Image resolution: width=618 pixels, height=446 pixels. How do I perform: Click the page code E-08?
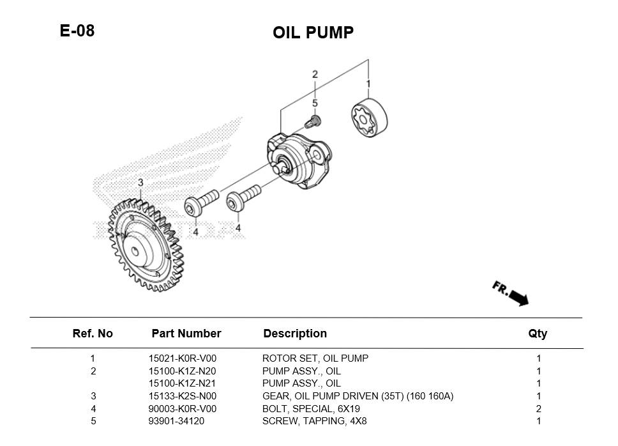[77, 31]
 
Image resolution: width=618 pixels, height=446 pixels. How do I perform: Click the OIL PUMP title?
[313, 33]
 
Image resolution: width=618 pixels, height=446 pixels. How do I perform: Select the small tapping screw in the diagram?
[314, 120]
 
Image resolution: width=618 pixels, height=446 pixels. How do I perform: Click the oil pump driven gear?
[144, 247]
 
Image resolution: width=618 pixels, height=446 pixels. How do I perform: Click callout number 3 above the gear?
[140, 183]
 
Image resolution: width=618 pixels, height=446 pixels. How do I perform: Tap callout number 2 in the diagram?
[315, 75]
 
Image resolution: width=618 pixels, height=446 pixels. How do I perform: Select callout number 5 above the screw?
[315, 102]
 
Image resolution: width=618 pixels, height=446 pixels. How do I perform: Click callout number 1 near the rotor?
[368, 84]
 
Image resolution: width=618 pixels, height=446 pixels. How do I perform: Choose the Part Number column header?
[186, 334]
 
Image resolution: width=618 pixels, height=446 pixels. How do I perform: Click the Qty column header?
[538, 334]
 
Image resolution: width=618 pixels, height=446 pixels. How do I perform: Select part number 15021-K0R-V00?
[182, 358]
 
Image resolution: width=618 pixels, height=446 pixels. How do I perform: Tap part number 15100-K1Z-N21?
[182, 383]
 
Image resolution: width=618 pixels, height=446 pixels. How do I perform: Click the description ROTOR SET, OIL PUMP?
[315, 358]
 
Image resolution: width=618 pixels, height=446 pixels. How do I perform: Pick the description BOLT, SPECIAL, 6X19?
[311, 409]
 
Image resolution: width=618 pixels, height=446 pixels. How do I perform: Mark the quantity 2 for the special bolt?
[538, 409]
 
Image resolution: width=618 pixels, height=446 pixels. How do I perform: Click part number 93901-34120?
[177, 421]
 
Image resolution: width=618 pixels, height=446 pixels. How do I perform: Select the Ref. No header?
[93, 334]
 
